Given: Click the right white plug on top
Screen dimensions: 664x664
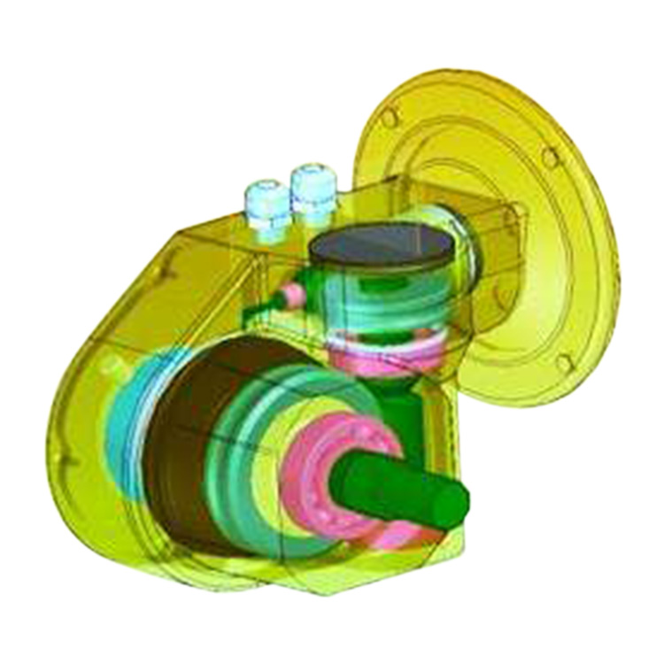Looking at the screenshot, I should (312, 183).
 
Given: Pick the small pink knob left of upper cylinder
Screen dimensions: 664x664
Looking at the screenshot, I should (289, 295).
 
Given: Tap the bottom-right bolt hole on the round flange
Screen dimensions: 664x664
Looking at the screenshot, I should (564, 363).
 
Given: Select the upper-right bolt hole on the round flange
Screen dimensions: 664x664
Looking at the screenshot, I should (550, 158).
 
